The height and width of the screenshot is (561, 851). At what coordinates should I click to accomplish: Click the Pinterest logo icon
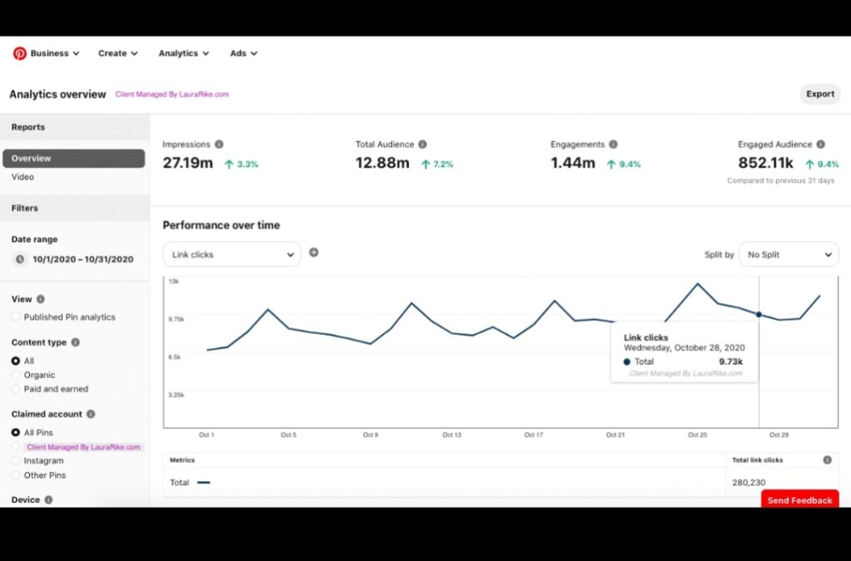19,53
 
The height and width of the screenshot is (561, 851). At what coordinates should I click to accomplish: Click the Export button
819,94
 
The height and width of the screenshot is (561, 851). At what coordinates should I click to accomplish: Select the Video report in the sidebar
23,177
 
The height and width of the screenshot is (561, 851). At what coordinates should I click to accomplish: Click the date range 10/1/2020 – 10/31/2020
82,259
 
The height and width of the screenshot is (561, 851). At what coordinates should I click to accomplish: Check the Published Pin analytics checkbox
16,317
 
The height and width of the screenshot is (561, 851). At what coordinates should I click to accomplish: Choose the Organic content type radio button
16,375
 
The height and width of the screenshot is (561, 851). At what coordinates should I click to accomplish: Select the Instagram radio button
16,460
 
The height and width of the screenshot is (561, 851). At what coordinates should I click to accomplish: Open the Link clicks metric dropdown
232,254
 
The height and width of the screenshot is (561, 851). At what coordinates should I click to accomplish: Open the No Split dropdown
788,254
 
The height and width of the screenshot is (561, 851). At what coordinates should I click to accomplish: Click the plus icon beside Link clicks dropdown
313,253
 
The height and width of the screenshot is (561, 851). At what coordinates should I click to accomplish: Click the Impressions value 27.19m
188,163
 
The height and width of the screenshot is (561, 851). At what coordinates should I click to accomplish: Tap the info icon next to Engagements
613,145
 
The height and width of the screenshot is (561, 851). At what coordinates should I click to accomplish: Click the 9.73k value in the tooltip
731,362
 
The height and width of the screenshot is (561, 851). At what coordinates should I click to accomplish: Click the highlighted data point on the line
759,314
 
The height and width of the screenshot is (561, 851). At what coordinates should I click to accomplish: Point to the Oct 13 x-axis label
451,435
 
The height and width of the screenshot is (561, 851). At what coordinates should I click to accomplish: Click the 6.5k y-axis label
175,357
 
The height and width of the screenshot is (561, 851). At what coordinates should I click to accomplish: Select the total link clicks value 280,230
749,482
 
